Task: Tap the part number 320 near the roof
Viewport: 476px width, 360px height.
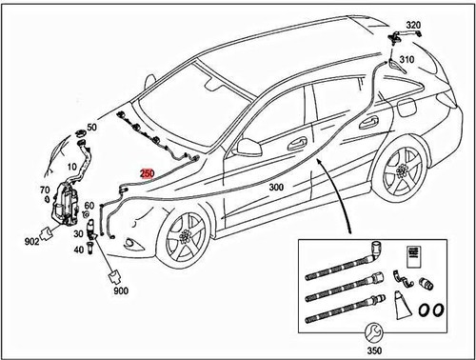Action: click(x=412, y=24)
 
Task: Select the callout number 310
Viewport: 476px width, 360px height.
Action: click(x=407, y=59)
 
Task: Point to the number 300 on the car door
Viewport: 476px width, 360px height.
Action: click(x=277, y=188)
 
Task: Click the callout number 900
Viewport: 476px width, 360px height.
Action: click(x=120, y=291)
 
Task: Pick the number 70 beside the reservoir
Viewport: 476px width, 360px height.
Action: click(x=44, y=191)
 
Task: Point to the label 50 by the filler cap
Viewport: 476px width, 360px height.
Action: click(x=91, y=127)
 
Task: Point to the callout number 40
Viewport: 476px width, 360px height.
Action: click(x=77, y=250)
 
